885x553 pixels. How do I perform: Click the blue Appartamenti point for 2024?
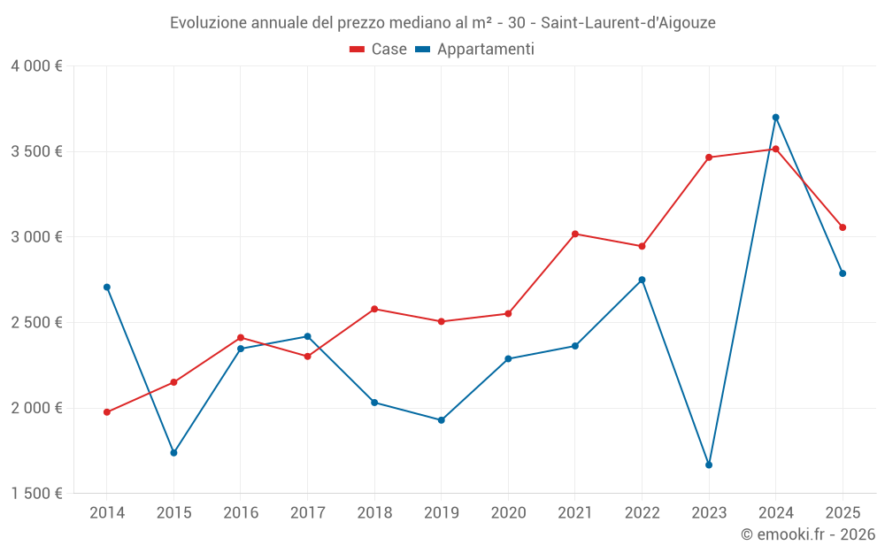[x=775, y=118]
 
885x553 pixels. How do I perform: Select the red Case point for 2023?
[x=709, y=157]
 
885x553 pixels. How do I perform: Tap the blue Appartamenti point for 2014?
[x=107, y=287]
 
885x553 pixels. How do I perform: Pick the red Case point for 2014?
[x=107, y=412]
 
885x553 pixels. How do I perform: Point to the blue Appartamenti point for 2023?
[x=709, y=465]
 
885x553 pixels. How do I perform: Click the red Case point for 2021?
[x=575, y=234]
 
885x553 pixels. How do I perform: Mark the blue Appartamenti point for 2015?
[x=173, y=453]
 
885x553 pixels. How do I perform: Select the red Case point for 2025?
[x=843, y=227]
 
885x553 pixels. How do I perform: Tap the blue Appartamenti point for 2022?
[x=642, y=280]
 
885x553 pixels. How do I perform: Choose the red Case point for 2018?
[x=374, y=309]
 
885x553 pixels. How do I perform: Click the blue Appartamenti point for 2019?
[x=441, y=420]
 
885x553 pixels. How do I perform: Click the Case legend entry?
[x=379, y=50]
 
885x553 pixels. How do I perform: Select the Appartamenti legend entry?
[x=475, y=50]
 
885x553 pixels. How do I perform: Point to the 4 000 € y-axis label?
[x=36, y=66]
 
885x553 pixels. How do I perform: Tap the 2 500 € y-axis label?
[x=36, y=323]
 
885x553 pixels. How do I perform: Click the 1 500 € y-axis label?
[x=36, y=494]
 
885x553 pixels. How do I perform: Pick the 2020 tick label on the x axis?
[x=508, y=513]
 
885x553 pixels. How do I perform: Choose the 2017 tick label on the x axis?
[x=307, y=513]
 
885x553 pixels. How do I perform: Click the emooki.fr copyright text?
[x=807, y=534]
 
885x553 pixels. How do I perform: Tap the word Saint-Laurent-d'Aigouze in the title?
[x=635, y=23]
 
